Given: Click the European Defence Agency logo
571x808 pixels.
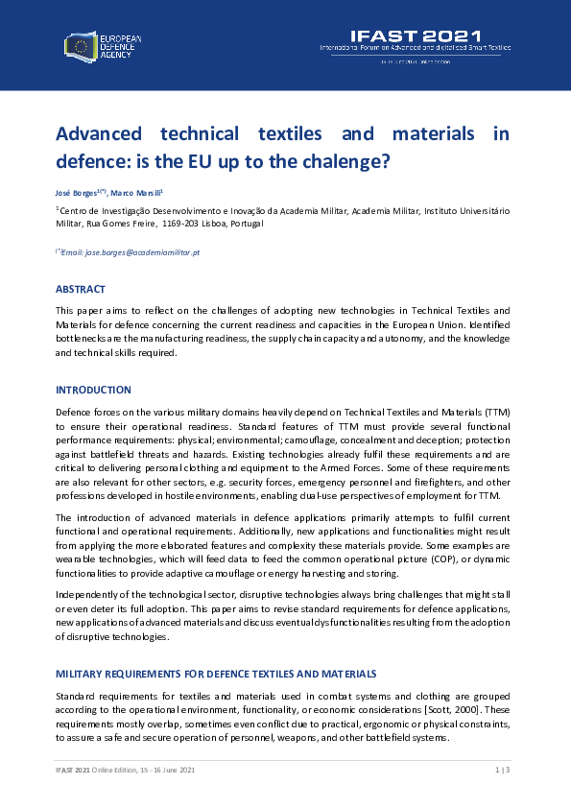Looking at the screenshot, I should pyautogui.click(x=103, y=44).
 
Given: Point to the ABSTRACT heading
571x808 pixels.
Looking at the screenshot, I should pyautogui.click(x=81, y=289).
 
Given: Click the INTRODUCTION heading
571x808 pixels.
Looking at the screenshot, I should pyautogui.click(x=93, y=390).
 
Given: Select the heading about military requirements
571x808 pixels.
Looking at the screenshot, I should pyautogui.click(x=216, y=673).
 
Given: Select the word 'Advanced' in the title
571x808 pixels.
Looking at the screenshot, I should pyautogui.click(x=99, y=133).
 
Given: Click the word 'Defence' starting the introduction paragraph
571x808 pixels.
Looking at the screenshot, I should pyautogui.click(x=74, y=411).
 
